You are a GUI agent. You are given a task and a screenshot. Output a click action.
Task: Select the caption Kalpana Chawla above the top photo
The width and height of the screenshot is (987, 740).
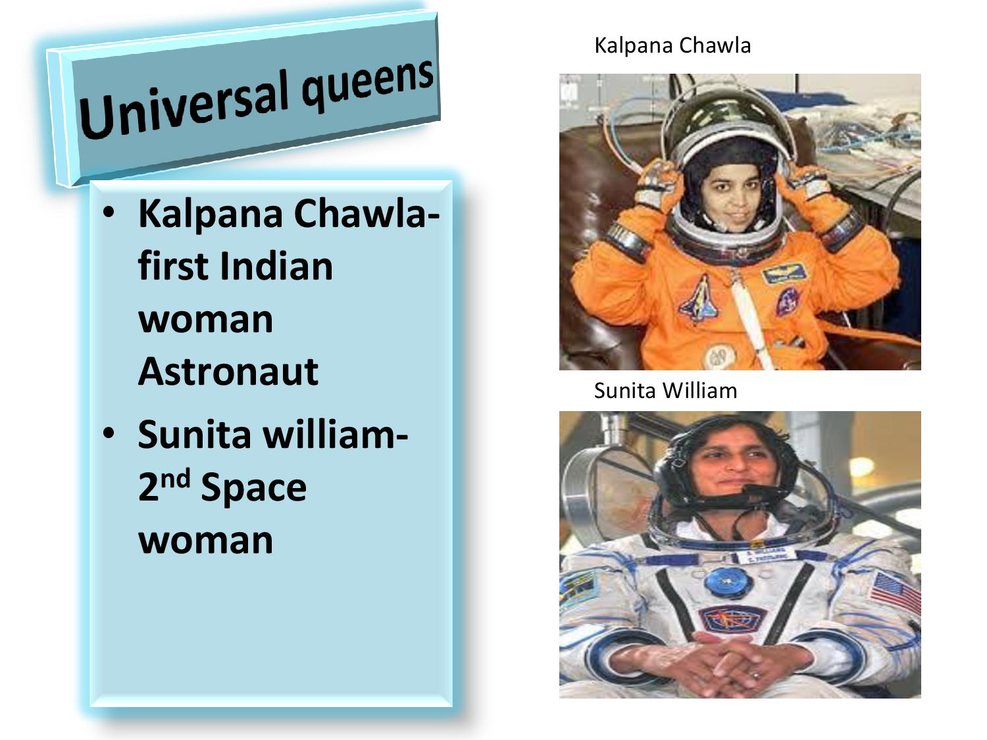[x=672, y=46]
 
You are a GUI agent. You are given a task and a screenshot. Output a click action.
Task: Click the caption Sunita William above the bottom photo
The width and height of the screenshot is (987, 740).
[x=665, y=391]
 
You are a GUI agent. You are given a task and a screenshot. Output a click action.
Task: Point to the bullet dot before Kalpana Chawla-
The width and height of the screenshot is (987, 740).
[x=109, y=212]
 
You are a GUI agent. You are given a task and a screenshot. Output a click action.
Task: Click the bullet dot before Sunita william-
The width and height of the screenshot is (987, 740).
[x=109, y=433]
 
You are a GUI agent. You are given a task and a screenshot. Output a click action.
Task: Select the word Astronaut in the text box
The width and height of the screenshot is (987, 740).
[x=228, y=372]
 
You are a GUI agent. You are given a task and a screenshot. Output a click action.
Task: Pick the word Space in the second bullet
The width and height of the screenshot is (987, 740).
[x=253, y=488]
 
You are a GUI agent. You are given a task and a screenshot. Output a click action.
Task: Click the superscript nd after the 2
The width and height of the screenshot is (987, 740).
[x=176, y=478]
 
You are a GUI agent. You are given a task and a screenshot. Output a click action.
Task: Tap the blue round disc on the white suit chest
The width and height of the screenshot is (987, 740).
[x=725, y=583]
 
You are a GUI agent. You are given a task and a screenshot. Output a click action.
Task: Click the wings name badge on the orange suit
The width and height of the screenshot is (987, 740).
[x=784, y=273]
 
